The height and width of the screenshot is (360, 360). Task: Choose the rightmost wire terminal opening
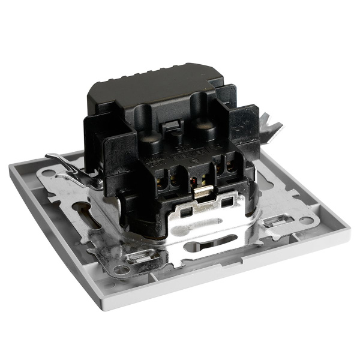[x=230, y=169]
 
